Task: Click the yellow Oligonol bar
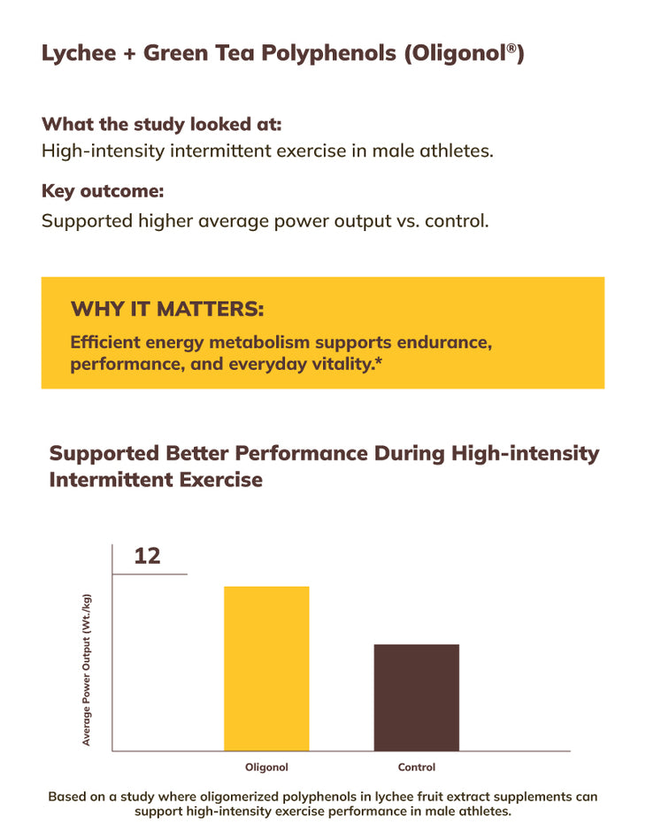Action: pos(266,668)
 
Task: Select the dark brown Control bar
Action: pos(416,697)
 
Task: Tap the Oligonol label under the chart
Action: pos(266,767)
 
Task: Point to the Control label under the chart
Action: pos(416,767)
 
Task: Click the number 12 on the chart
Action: pos(147,556)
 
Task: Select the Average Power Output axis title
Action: pos(87,669)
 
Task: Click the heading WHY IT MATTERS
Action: pos(167,309)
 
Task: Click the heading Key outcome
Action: pos(103,191)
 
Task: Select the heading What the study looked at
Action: pos(161,124)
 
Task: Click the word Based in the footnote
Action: pos(67,796)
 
